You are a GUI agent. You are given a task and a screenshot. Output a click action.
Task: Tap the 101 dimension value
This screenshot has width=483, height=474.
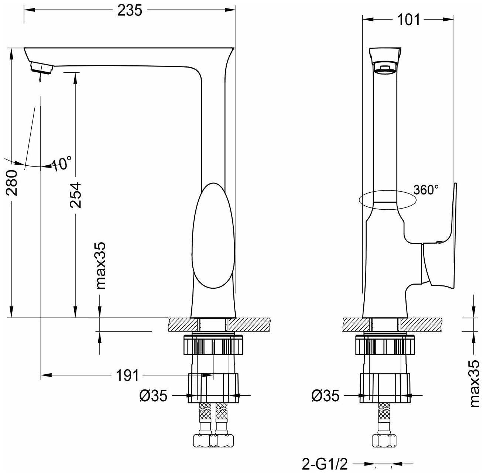(x=408, y=20)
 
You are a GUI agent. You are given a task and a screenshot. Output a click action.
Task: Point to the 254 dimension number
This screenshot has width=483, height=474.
(x=75, y=195)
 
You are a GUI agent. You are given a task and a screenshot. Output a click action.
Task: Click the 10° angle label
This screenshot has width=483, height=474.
(x=61, y=163)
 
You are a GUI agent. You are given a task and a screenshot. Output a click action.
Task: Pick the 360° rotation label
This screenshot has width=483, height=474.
(x=426, y=190)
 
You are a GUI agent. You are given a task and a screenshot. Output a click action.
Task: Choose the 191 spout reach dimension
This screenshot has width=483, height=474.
(x=127, y=375)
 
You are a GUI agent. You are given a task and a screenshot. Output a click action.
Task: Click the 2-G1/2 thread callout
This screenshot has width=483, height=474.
(x=325, y=464)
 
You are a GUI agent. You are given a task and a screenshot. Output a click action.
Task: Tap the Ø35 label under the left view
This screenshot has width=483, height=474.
(x=153, y=396)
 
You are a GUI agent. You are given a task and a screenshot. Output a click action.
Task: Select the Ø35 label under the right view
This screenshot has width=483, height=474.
(x=325, y=396)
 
